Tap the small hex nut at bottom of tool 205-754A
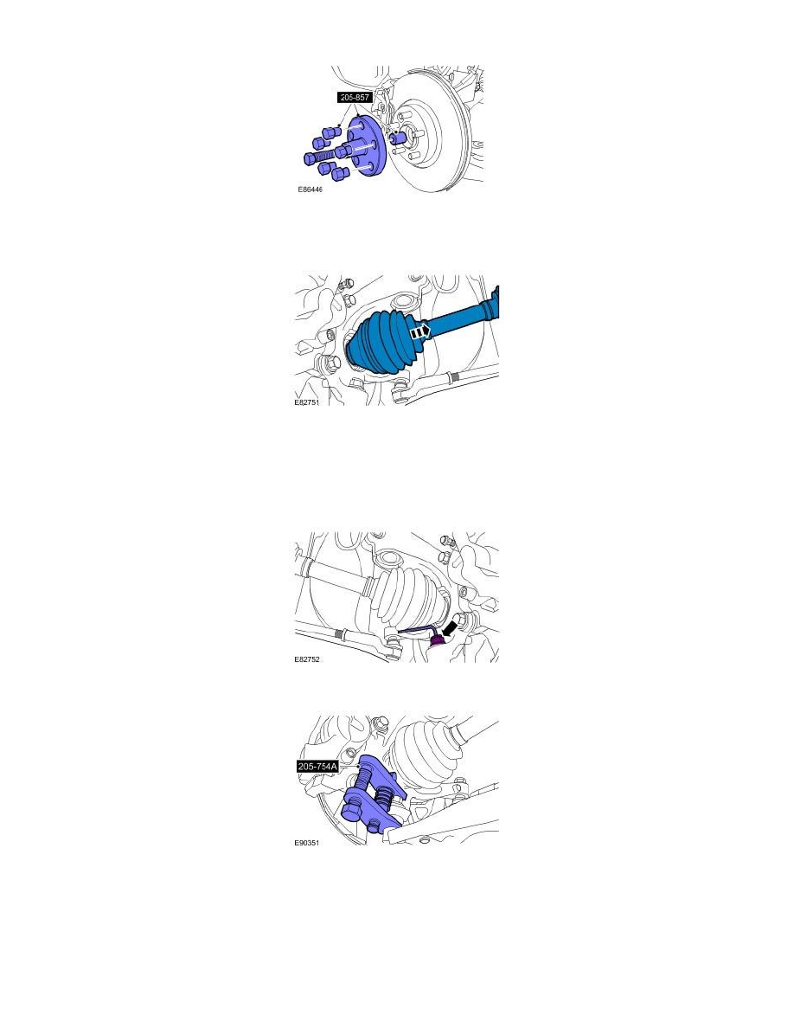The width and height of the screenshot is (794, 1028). click(x=375, y=822)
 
